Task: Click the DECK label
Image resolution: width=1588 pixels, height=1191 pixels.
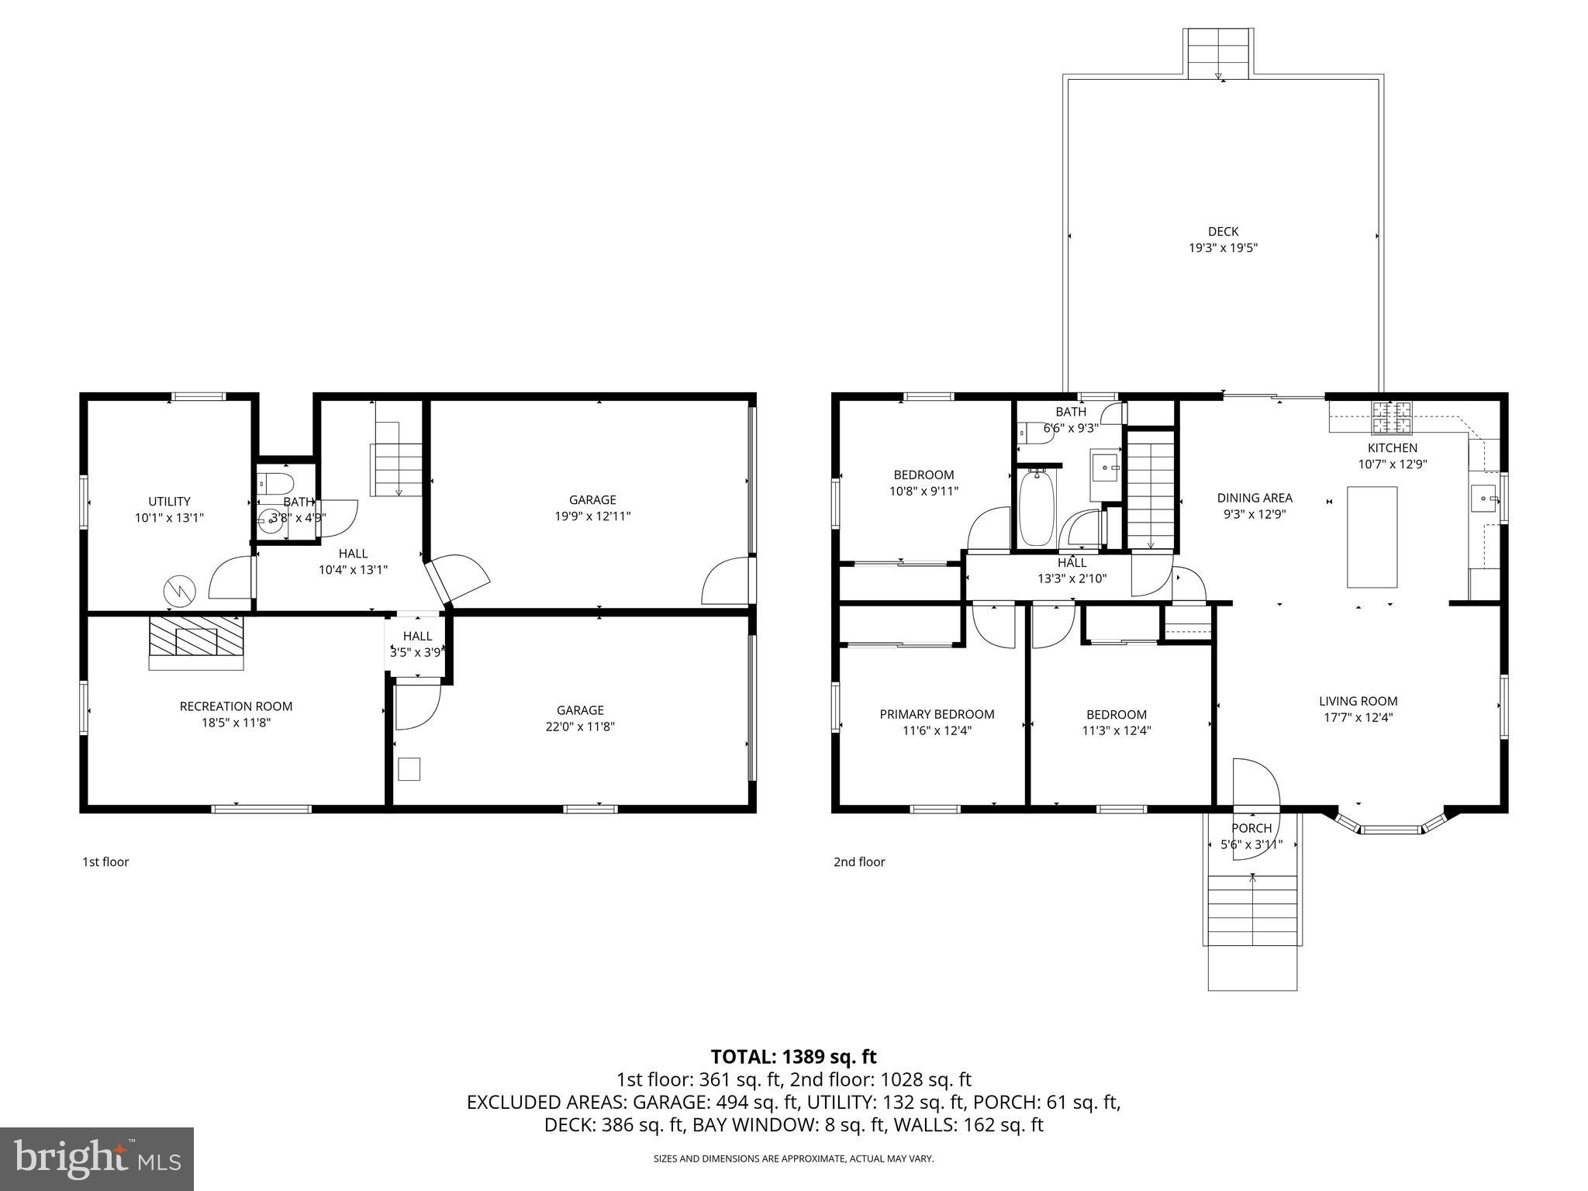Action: pyautogui.click(x=1223, y=231)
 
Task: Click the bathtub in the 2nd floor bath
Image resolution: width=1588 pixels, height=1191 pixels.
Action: pyautogui.click(x=1036, y=509)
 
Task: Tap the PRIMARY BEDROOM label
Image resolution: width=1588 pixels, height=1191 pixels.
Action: pyautogui.click(x=937, y=714)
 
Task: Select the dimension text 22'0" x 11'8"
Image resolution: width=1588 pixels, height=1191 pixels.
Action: pyautogui.click(x=580, y=727)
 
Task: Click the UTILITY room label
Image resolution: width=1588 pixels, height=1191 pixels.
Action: pyautogui.click(x=169, y=502)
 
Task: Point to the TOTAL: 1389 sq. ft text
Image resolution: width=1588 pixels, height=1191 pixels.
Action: pyautogui.click(x=793, y=1057)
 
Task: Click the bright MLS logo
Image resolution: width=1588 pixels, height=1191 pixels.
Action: pyautogui.click(x=97, y=1158)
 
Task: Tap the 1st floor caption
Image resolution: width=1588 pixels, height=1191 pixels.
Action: pyautogui.click(x=105, y=861)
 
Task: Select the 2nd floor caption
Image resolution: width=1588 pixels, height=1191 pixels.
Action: pyautogui.click(x=859, y=861)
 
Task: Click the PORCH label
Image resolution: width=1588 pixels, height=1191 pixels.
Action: pyautogui.click(x=1251, y=828)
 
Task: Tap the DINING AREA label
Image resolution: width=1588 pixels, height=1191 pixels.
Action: pyautogui.click(x=1255, y=498)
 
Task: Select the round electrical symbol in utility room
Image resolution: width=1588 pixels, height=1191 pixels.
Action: pyautogui.click(x=180, y=592)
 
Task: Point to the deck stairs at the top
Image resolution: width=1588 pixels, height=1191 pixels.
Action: pyautogui.click(x=1218, y=53)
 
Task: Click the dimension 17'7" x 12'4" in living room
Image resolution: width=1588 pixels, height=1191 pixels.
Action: pyautogui.click(x=1358, y=717)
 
